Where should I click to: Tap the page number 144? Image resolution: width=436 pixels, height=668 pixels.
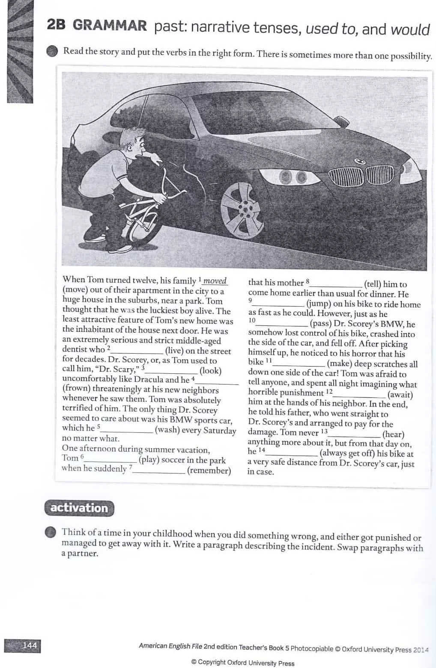[30, 645]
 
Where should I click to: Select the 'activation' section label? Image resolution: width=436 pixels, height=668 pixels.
[79, 508]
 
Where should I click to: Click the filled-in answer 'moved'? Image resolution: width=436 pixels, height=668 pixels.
[215, 281]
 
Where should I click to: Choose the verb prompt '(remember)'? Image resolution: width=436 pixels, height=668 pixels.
[209, 470]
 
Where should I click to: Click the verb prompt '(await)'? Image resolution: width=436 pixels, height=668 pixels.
[400, 395]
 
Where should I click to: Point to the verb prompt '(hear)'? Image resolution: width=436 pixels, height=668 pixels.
[393, 434]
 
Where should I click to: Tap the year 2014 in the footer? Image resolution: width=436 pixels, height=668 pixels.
[421, 650]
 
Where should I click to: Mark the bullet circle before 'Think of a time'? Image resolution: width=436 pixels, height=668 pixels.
[51, 532]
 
